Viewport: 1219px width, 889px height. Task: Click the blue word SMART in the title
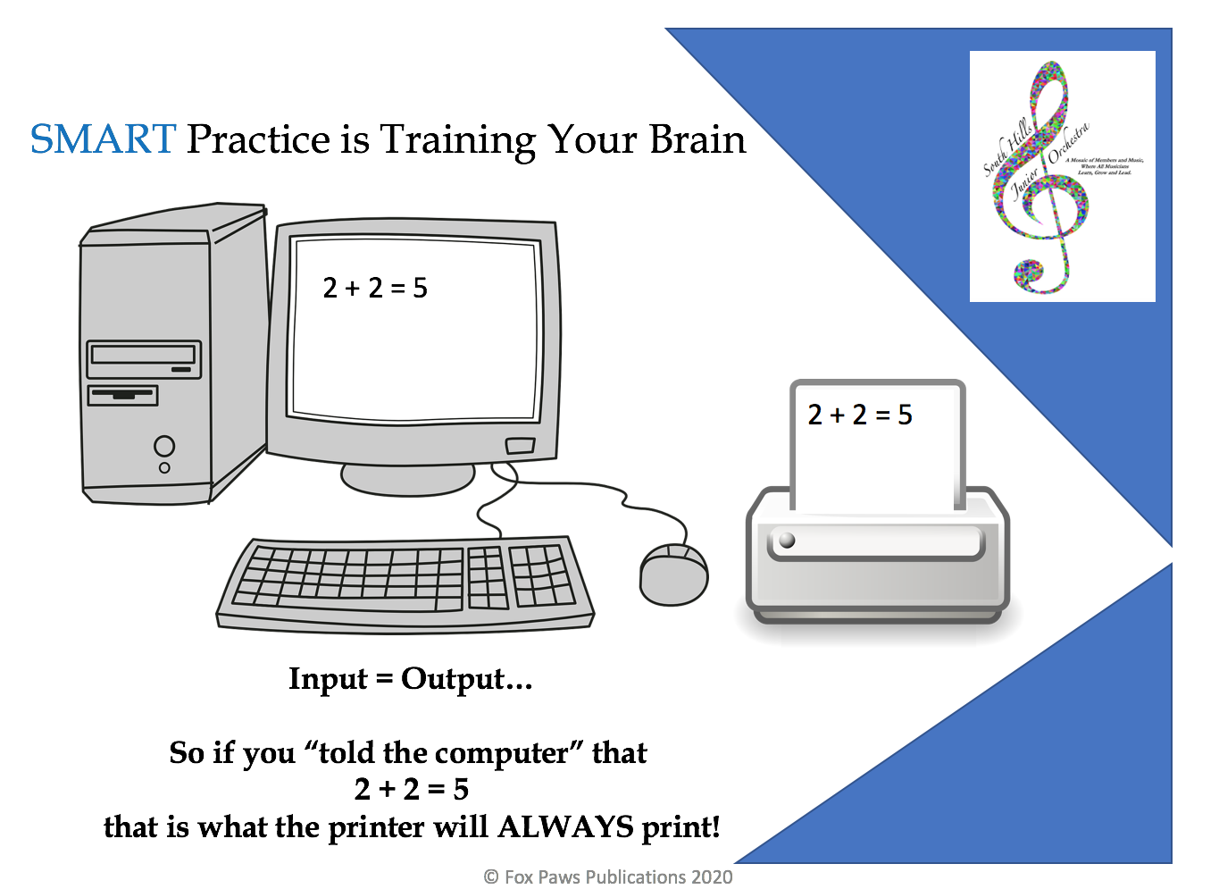(103, 139)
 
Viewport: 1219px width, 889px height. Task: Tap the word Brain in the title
(697, 139)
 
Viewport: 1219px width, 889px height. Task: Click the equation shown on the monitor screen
(375, 288)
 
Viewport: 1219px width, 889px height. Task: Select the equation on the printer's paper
(860, 415)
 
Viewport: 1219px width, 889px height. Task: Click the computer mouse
(674, 574)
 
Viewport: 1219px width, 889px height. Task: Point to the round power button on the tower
(164, 445)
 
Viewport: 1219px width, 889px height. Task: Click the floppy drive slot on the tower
(122, 394)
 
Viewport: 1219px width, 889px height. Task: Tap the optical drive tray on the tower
(143, 356)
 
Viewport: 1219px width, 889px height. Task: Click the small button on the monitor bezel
(520, 445)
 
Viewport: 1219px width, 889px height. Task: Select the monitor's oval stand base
(408, 479)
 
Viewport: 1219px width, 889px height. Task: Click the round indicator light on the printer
(787, 540)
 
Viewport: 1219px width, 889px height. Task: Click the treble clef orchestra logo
(1062, 176)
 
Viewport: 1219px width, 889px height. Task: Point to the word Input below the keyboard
(328, 679)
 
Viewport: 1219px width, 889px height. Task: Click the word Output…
(466, 679)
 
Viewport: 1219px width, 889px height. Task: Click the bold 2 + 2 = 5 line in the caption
(412, 789)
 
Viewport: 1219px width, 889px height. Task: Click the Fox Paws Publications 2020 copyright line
(608, 876)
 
